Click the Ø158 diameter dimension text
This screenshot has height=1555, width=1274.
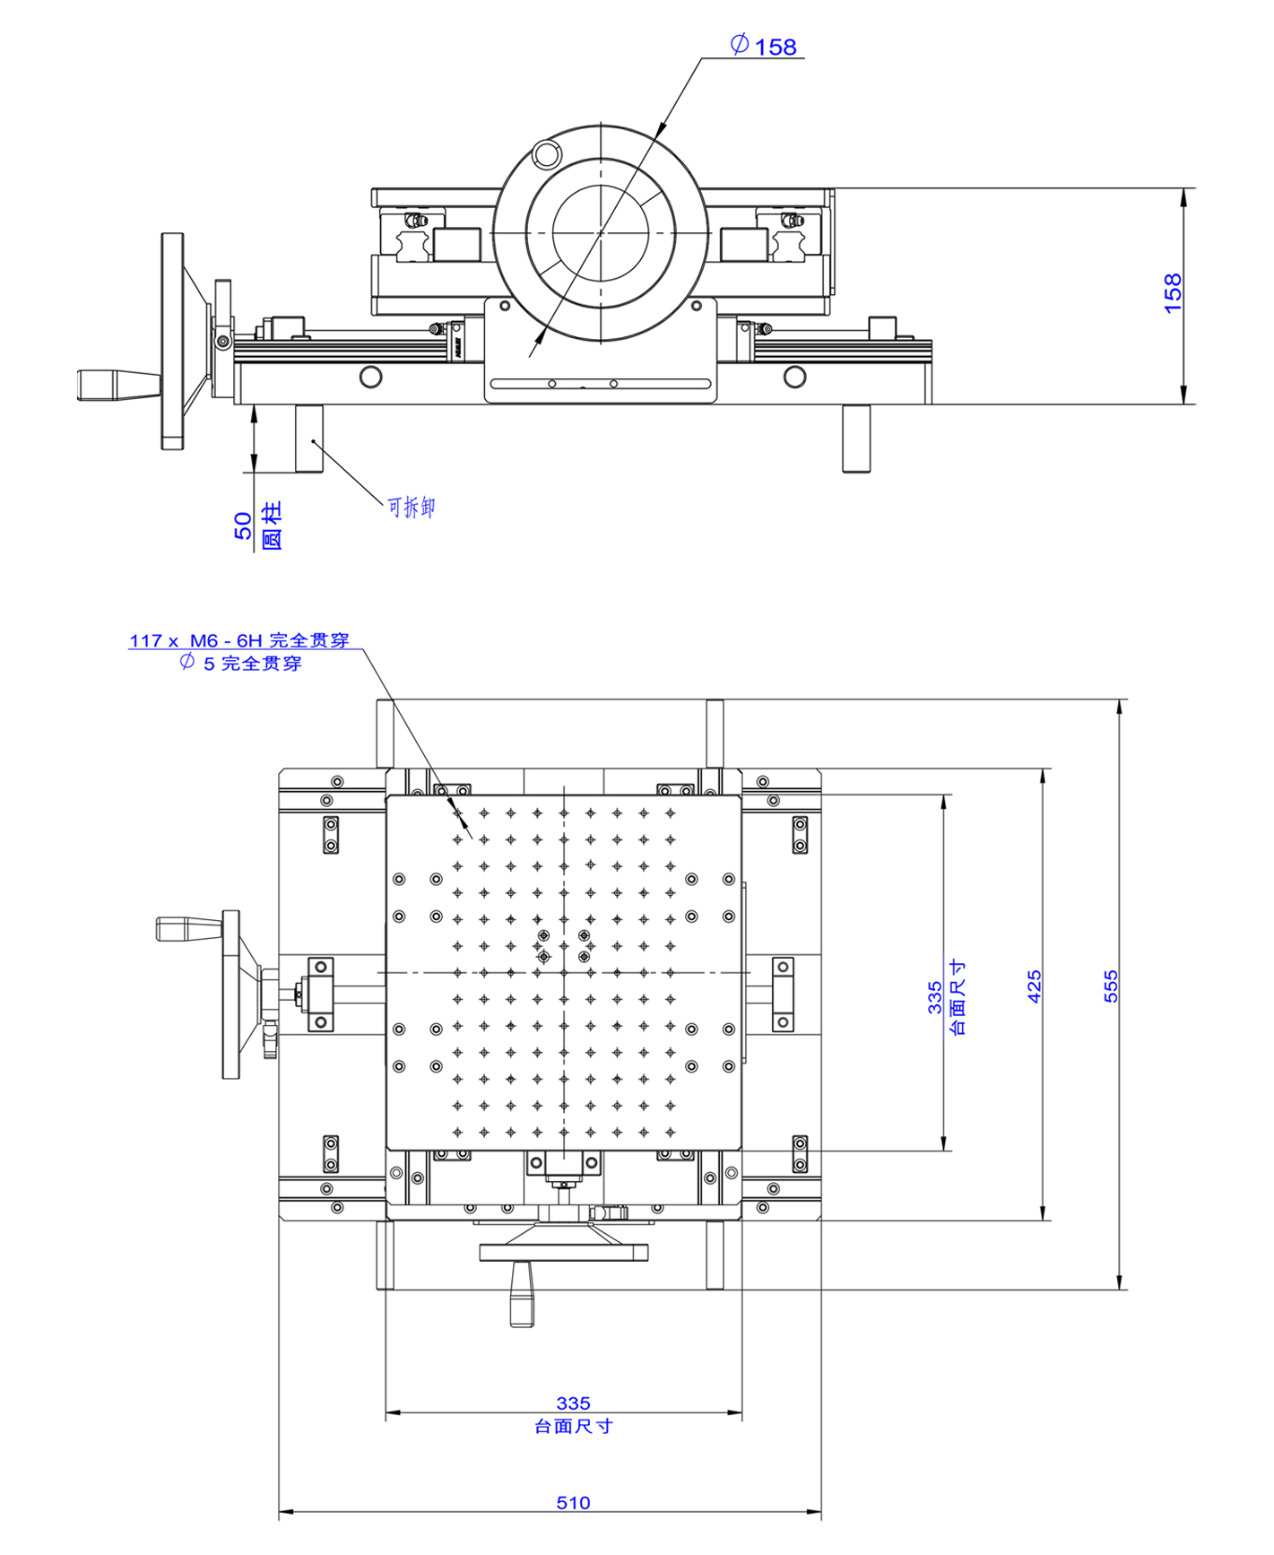click(x=765, y=46)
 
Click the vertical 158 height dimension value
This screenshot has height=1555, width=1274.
click(x=1173, y=293)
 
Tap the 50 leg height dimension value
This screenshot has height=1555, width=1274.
click(x=243, y=526)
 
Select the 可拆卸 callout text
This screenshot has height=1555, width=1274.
click(x=412, y=508)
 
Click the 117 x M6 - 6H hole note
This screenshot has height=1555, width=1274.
click(x=238, y=640)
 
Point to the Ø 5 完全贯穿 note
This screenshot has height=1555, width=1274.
click(x=240, y=664)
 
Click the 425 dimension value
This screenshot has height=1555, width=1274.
click(x=1035, y=986)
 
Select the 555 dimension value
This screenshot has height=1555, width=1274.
click(x=1111, y=986)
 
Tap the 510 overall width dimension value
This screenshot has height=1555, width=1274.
click(x=573, y=1502)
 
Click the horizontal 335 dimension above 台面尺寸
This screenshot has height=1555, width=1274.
click(x=573, y=1403)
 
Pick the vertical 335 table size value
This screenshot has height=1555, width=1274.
click(x=934, y=996)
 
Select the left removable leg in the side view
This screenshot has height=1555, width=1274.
click(x=309, y=438)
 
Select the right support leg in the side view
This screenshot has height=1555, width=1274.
click(x=856, y=438)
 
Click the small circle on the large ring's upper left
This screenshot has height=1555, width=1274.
click(x=545, y=153)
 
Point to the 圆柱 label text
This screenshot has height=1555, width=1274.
click(x=271, y=526)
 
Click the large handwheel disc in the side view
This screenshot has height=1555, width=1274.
click(x=172, y=341)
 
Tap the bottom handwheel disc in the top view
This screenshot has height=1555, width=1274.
click(x=564, y=1252)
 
